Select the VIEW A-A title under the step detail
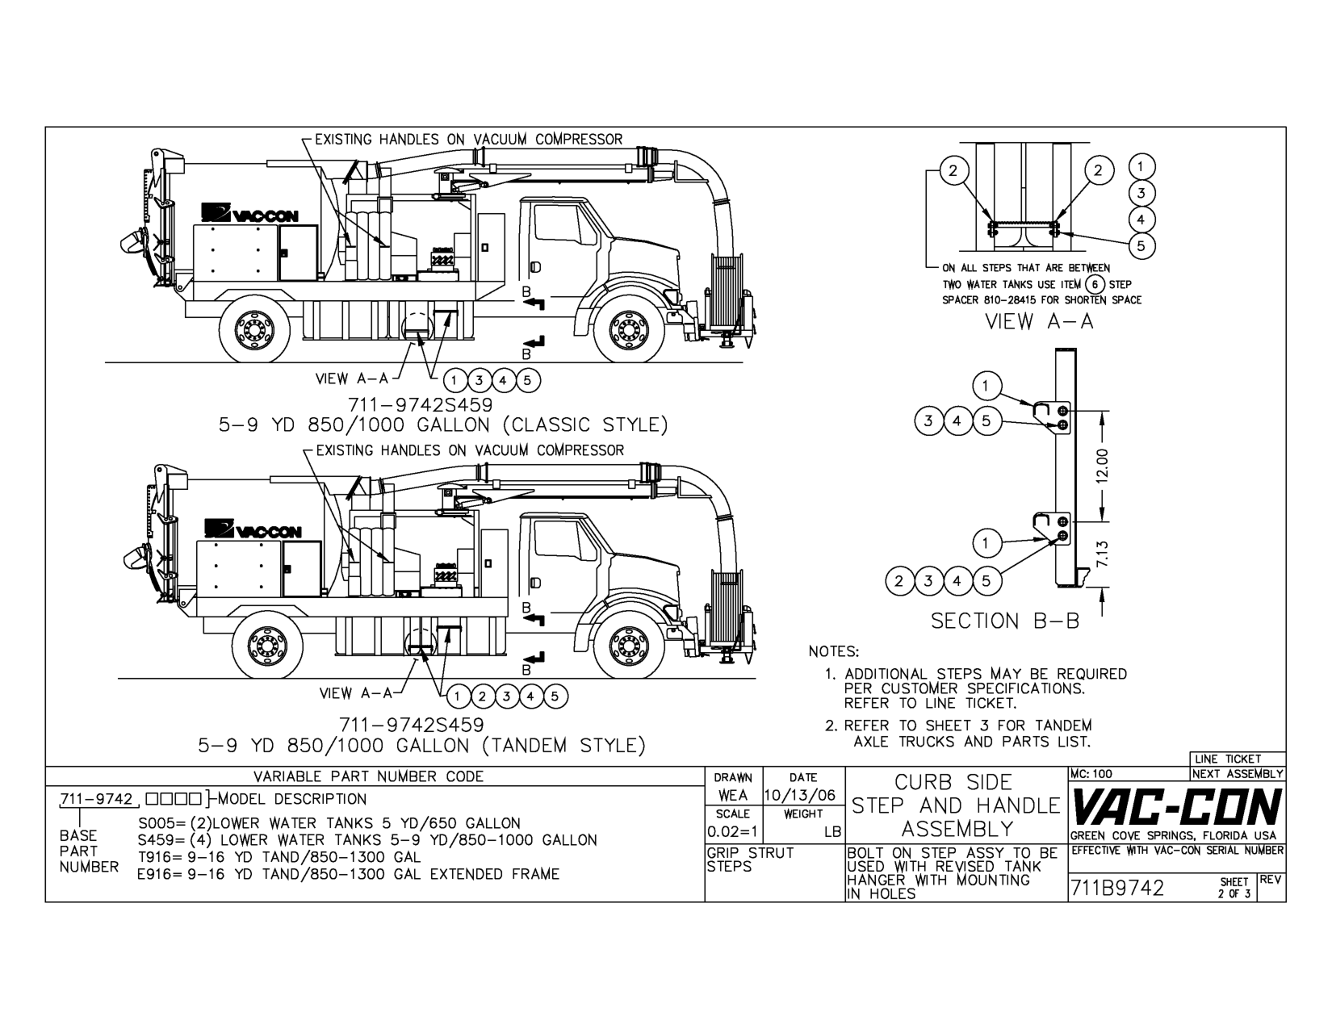1039,321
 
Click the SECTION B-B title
1005,621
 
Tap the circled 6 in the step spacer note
1095,284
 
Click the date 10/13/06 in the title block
803,795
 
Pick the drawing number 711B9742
1117,889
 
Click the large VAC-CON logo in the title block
1176,807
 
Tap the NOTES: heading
834,651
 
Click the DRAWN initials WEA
731,795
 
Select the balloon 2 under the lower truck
482,696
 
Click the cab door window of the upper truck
560,222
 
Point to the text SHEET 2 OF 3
1235,888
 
